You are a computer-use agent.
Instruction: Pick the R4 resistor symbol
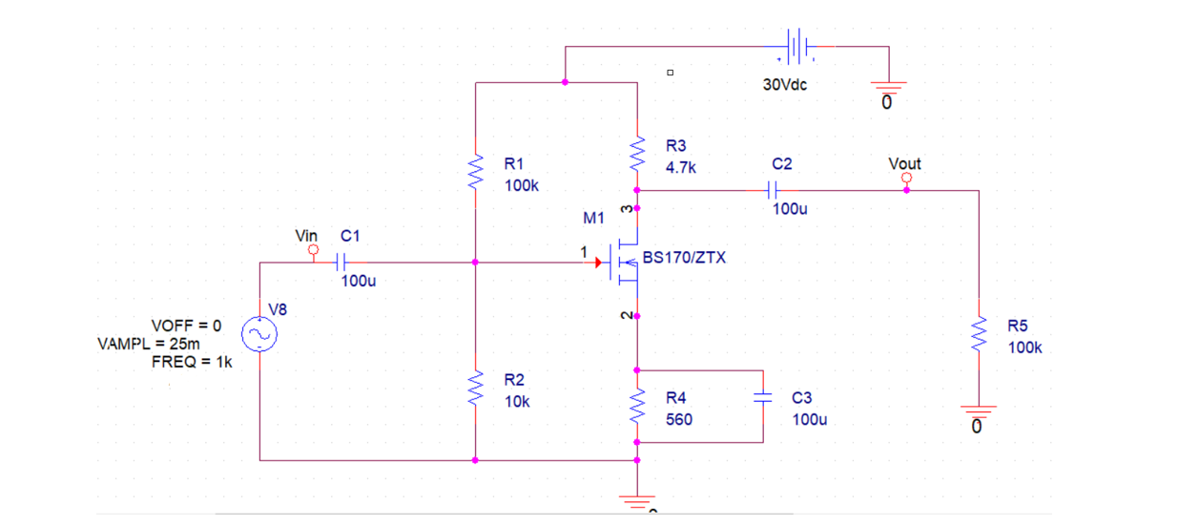[x=637, y=408]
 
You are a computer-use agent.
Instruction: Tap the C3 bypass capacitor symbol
[x=763, y=402]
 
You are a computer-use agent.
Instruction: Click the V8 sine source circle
[x=259, y=334]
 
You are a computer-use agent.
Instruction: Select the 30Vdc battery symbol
[x=797, y=45]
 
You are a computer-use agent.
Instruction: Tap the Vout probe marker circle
[x=906, y=178]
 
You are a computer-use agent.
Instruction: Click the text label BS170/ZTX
[x=684, y=258]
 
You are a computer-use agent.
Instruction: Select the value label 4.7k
[x=681, y=167]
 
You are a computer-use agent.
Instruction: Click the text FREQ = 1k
[x=192, y=362]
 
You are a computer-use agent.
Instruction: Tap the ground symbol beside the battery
[x=887, y=92]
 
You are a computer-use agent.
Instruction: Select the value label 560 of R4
[x=678, y=419]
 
